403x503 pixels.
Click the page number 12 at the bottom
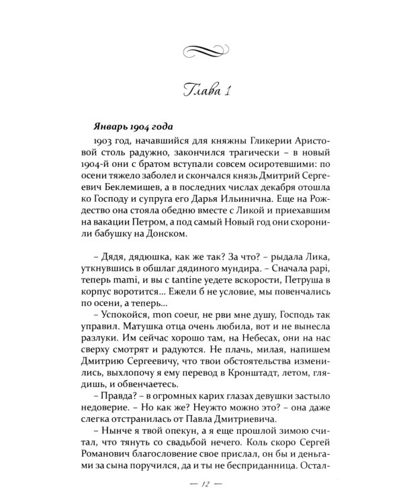pyautogui.click(x=201, y=484)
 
